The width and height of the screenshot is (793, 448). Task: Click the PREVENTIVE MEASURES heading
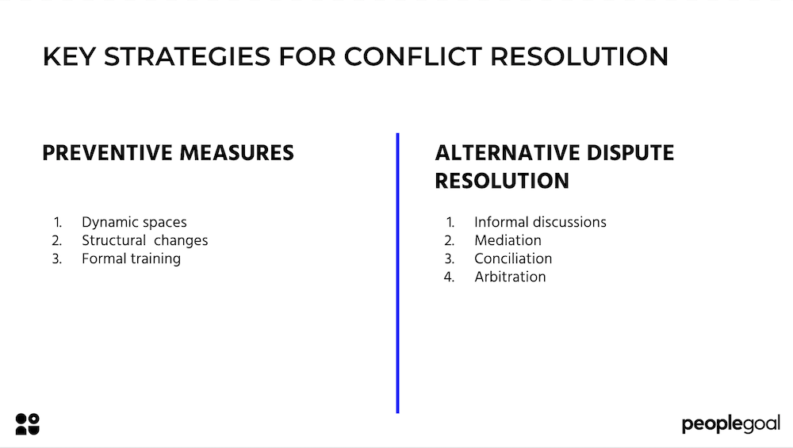168,153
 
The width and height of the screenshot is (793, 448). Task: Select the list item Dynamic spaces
134,222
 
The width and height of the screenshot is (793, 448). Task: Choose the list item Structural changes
144,240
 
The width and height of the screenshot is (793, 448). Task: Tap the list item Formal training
131,258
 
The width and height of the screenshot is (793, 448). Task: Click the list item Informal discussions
540,222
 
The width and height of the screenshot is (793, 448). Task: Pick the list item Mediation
508,240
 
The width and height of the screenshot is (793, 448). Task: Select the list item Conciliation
513,258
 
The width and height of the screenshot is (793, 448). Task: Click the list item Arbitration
510,277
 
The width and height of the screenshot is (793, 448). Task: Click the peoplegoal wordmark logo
730,424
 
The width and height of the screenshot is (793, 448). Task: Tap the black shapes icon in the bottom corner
27,423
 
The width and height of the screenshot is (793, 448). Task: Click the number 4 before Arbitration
450,277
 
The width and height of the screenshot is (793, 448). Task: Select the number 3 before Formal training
57,258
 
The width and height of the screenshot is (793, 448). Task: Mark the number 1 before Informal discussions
450,222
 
